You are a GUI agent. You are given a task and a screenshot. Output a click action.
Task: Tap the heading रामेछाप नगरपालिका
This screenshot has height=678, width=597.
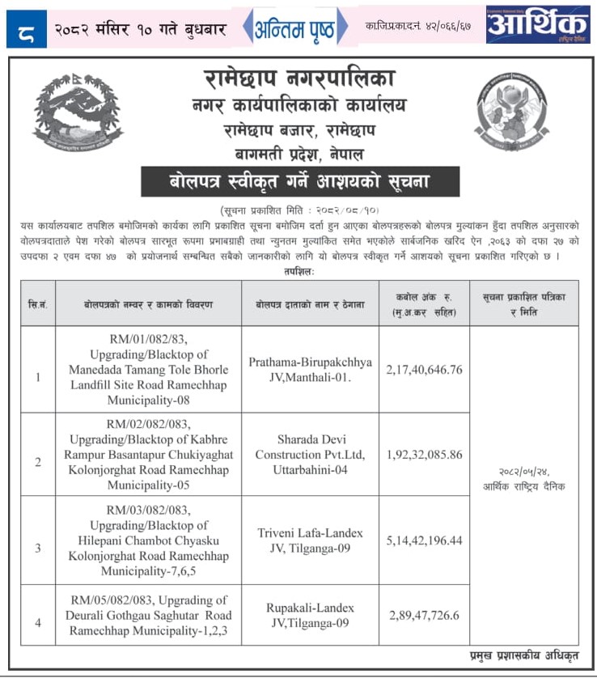tap(299, 79)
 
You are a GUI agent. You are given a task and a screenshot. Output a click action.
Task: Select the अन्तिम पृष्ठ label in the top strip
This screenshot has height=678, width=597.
tap(297, 28)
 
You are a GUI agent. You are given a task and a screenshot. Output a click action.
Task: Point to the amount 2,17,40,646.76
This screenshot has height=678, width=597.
tap(424, 369)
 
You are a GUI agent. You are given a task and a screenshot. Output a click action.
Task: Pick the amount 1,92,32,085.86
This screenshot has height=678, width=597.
tap(424, 455)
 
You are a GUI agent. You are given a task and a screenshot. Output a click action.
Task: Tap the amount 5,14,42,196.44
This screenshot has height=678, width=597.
tap(424, 540)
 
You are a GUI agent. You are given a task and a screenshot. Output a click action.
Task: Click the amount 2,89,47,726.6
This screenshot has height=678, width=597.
tap(424, 615)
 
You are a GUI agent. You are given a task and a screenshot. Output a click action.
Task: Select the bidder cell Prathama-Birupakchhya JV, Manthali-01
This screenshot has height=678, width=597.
tap(310, 369)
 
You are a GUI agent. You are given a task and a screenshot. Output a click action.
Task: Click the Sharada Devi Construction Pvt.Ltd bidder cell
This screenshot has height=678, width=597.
tap(310, 455)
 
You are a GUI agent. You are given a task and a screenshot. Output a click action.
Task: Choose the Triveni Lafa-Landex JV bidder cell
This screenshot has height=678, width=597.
tap(310, 540)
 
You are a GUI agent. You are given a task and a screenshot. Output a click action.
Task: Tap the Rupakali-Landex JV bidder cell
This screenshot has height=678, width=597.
tap(310, 615)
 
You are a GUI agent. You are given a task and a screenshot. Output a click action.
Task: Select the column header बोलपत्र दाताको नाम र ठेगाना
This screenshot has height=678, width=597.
tap(310, 303)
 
